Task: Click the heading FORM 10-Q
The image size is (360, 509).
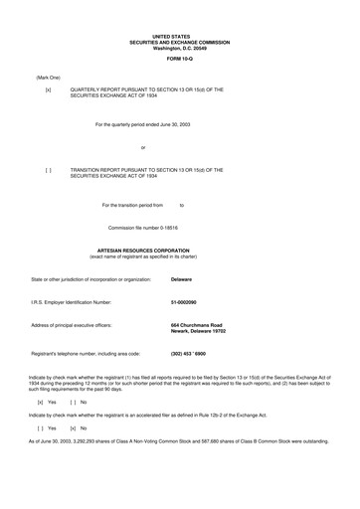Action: pyautogui.click(x=179, y=61)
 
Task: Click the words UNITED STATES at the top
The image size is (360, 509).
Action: pyautogui.click(x=179, y=35)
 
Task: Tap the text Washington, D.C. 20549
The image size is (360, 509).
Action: pyautogui.click(x=179, y=47)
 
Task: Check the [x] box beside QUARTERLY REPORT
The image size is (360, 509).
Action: pyautogui.click(x=48, y=89)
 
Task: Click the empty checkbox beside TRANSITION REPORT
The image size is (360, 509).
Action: pyautogui.click(x=48, y=170)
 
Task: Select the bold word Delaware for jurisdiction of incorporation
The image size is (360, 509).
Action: pyautogui.click(x=182, y=280)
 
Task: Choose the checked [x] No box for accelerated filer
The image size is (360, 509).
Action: pyautogui.click(x=74, y=427)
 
